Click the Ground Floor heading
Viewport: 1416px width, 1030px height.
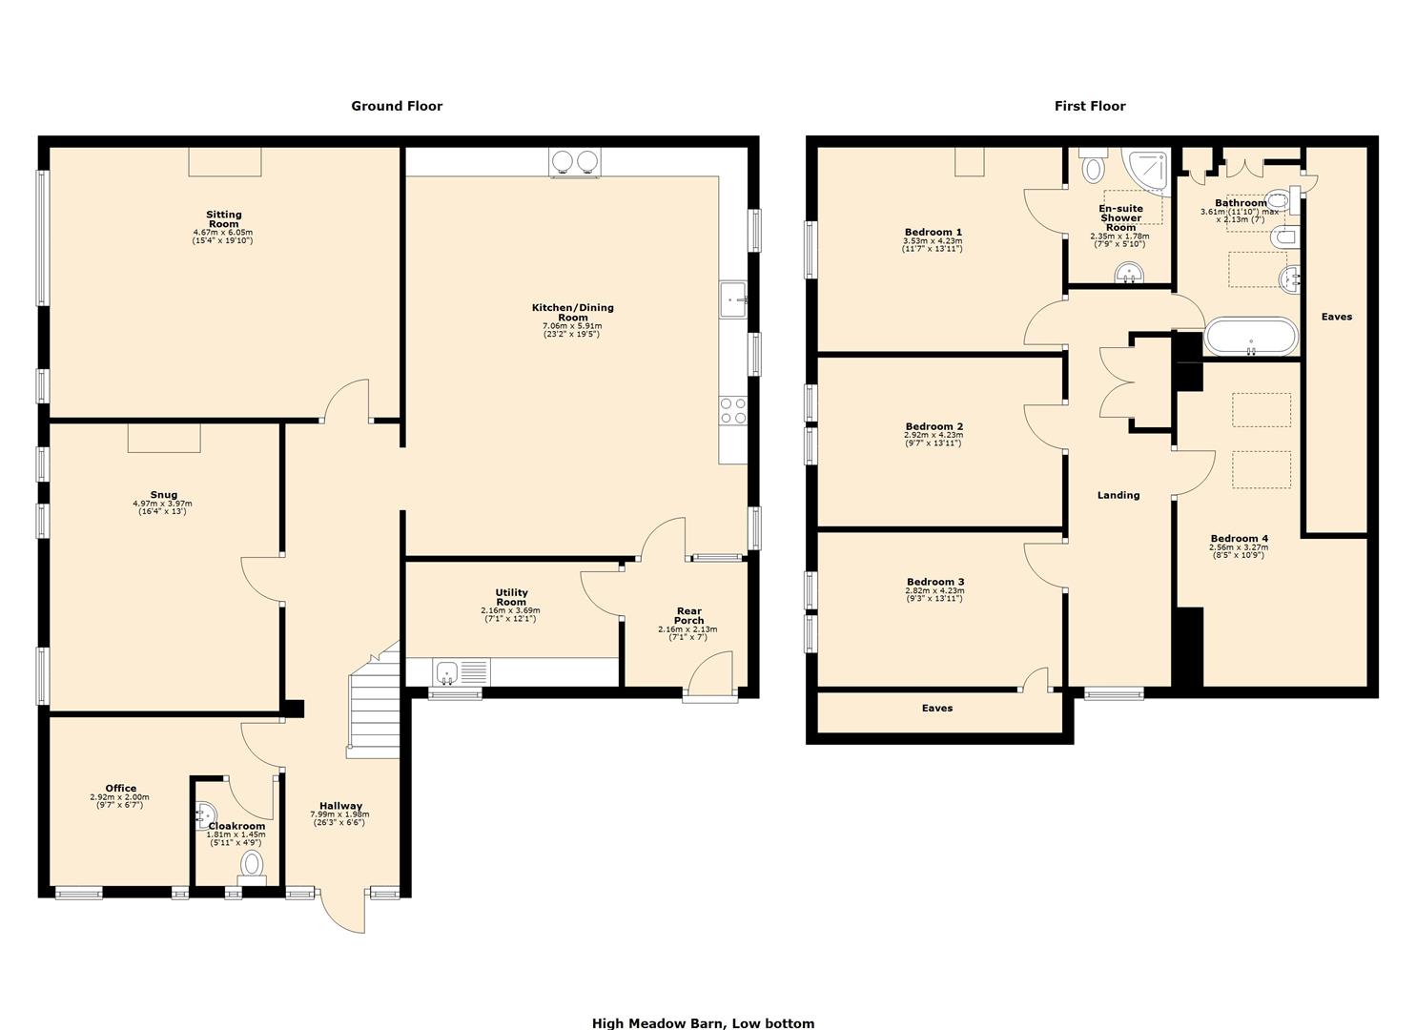(397, 106)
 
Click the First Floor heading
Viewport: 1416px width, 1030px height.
(1089, 106)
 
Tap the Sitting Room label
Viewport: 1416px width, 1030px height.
(224, 219)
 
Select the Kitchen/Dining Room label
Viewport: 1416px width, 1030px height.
(572, 312)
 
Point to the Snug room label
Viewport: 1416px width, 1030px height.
(163, 495)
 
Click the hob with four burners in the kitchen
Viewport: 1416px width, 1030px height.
(732, 411)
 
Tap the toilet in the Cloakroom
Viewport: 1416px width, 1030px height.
(253, 864)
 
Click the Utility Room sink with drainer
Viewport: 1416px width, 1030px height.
(460, 672)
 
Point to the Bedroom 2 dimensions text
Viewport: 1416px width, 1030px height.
(933, 439)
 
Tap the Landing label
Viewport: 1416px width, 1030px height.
(1118, 495)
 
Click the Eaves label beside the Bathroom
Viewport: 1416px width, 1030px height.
(1336, 317)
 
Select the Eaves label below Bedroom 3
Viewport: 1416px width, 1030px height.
(936, 708)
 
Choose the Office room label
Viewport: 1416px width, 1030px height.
(120, 788)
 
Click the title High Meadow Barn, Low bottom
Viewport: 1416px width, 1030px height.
(703, 1023)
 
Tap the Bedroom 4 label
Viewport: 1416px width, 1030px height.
(1239, 538)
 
